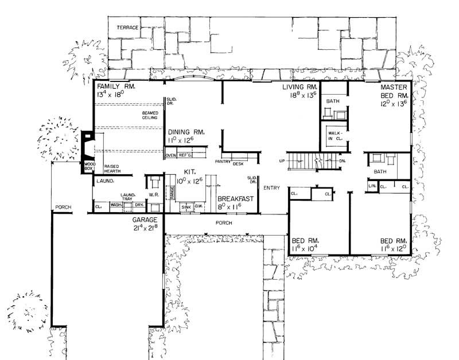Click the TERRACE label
pyautogui.click(x=127, y=28)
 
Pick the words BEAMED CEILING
pyautogui.click(x=150, y=115)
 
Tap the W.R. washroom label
pyautogui.click(x=153, y=194)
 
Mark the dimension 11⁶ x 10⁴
pyautogui.click(x=305, y=249)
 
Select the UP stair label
pyautogui.click(x=282, y=161)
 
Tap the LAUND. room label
pyautogui.click(x=105, y=181)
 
